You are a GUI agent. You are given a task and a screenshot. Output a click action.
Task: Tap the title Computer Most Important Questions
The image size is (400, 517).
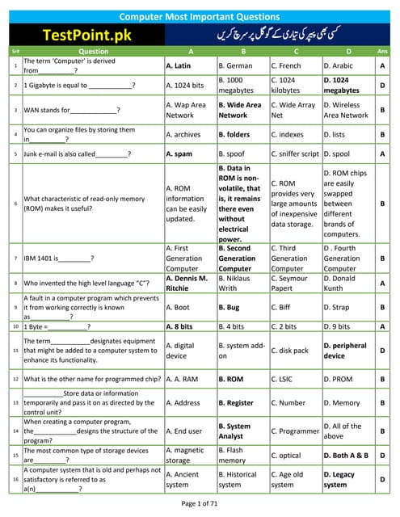click(200, 16)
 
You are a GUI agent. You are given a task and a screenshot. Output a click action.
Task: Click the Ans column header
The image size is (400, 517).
click(381, 51)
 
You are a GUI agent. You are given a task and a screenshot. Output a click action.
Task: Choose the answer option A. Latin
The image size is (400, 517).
click(179, 65)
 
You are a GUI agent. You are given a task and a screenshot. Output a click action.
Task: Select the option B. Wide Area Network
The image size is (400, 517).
click(240, 110)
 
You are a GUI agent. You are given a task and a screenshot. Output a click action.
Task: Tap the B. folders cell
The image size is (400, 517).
click(234, 134)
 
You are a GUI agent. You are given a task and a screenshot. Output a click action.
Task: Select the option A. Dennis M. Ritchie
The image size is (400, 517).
click(185, 283)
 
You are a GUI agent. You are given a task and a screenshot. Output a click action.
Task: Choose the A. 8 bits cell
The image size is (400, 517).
click(179, 326)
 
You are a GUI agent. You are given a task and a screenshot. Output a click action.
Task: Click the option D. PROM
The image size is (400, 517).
click(339, 378)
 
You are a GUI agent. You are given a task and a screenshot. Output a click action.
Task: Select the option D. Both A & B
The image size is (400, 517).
click(346, 455)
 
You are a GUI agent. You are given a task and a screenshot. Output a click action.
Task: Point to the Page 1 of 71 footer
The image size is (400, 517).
click(200, 504)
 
